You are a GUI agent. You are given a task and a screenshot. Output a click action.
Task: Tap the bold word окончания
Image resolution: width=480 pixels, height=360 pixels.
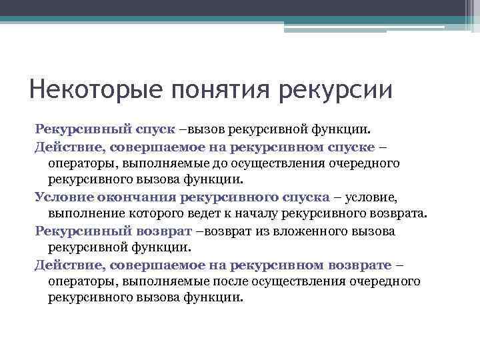(x=137, y=197)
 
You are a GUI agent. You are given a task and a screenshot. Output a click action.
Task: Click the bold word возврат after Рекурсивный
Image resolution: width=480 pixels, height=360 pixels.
(x=169, y=231)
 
